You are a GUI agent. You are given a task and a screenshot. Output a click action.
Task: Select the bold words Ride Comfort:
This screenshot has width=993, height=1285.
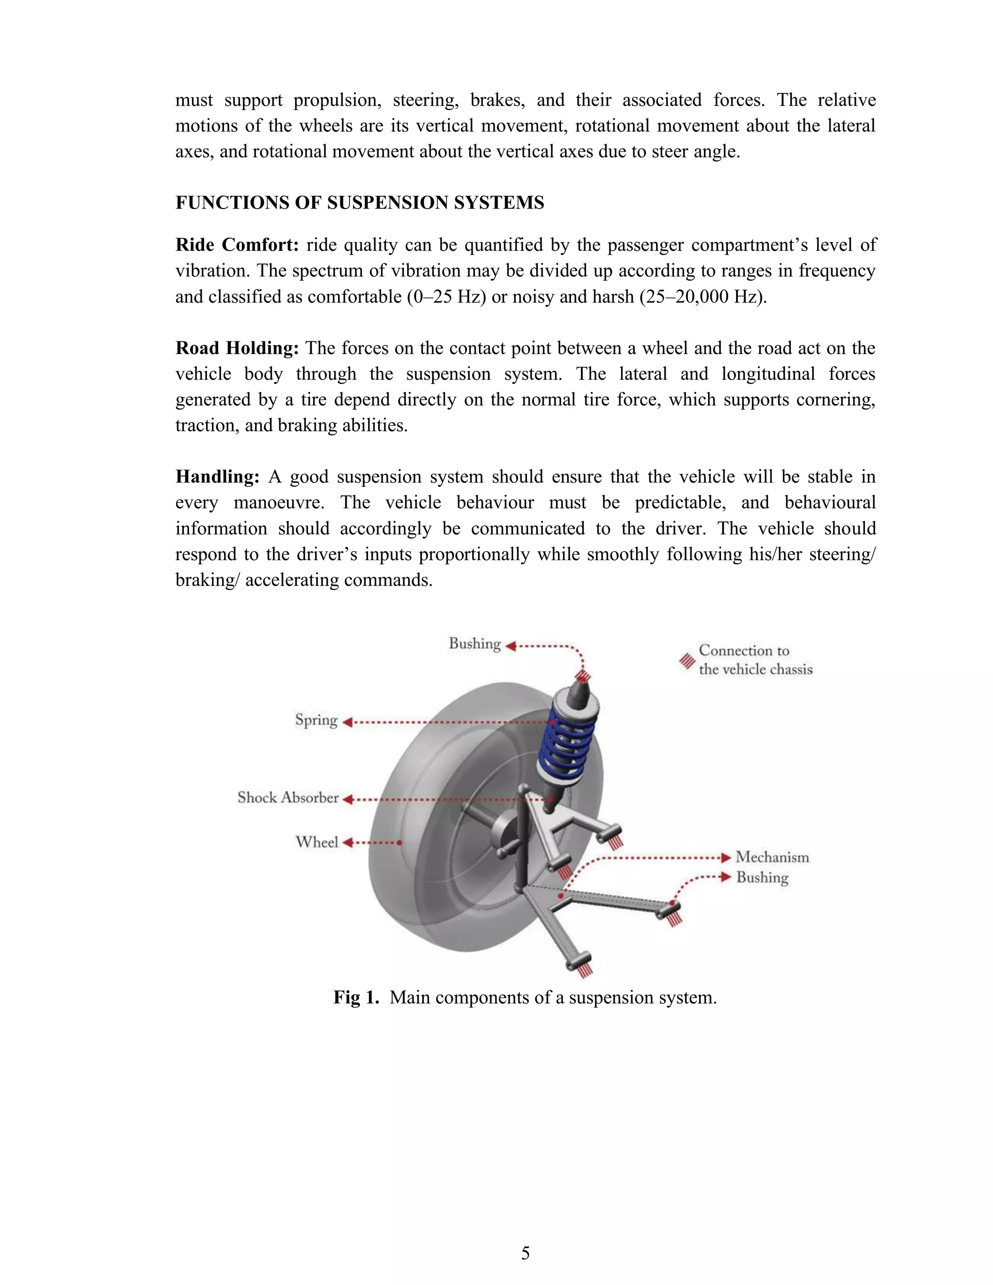click(237, 245)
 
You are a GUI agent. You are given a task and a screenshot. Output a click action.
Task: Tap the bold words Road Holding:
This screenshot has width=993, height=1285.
click(237, 348)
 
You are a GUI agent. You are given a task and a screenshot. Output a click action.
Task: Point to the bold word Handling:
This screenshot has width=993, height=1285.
click(217, 477)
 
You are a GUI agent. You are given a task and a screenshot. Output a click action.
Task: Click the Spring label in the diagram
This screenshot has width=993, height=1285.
click(317, 720)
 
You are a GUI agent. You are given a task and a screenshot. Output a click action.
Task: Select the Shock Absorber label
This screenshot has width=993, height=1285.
click(288, 798)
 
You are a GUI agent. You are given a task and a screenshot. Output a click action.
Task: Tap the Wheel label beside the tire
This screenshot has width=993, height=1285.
click(317, 842)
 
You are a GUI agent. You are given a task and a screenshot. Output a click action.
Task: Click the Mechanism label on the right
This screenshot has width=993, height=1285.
click(772, 857)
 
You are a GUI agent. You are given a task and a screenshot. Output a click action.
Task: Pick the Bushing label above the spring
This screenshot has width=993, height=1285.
click(475, 643)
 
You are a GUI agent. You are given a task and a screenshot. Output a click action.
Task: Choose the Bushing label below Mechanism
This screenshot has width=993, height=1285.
click(762, 877)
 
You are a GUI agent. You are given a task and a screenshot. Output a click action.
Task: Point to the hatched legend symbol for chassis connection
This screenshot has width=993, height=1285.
click(687, 661)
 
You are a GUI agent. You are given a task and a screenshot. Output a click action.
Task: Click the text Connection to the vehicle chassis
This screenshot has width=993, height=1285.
click(755, 659)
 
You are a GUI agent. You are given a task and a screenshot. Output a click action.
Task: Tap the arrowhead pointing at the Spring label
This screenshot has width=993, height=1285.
click(347, 722)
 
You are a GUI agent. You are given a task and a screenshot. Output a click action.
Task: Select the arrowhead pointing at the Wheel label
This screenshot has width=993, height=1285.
click(347, 843)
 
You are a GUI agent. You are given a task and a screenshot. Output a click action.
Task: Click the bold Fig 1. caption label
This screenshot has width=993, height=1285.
click(356, 997)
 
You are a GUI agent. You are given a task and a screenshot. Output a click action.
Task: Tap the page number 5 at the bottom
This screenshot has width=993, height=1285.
click(525, 1253)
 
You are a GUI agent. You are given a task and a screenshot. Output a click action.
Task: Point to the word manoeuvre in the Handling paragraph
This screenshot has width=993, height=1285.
click(278, 502)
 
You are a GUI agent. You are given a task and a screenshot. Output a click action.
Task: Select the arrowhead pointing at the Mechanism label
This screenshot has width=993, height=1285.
click(726, 858)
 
